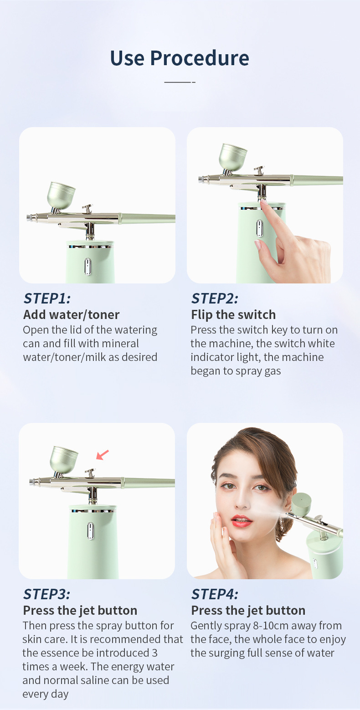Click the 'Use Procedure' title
[x=180, y=58]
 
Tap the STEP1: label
[x=47, y=298]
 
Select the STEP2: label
[x=215, y=298]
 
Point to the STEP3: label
[x=47, y=594]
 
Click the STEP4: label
[x=215, y=594]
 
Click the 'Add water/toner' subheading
[x=71, y=314]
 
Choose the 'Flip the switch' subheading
[x=233, y=314]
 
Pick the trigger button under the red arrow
[x=90, y=472]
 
